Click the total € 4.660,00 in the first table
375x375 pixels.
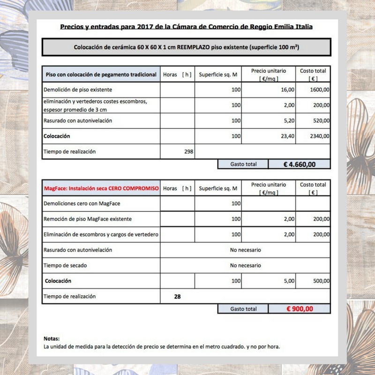coord(300,164)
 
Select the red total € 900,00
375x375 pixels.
coord(300,308)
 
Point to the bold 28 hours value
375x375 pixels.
coord(177,296)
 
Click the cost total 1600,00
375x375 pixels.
coord(320,90)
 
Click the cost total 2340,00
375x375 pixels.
coord(320,136)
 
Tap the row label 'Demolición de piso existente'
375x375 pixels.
coord(78,90)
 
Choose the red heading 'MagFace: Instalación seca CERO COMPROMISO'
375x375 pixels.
coord(101,188)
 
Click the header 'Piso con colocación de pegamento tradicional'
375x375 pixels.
coord(101,75)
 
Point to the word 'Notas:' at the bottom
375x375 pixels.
coord(52,338)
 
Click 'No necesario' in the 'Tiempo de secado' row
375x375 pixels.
coord(245,265)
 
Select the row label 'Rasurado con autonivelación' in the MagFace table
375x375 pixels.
coord(78,250)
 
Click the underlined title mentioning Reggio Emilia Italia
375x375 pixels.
coord(187,27)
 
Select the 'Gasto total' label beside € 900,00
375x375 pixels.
coord(243,309)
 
